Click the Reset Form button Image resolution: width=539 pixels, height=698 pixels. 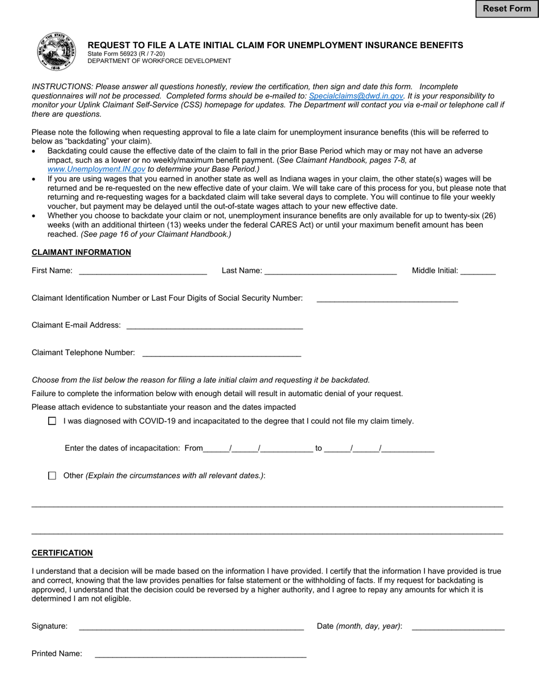tap(507, 9)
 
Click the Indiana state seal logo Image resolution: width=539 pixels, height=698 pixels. tap(56, 52)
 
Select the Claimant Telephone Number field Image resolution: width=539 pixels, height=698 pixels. tap(221, 352)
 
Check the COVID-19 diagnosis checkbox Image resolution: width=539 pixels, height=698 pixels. tap(52, 421)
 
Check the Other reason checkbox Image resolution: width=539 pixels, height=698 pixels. tap(52, 476)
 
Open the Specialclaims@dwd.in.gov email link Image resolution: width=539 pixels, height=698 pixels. tap(356, 96)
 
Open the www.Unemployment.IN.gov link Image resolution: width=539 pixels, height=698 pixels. tap(96, 169)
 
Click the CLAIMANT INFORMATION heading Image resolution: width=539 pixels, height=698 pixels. tap(81, 253)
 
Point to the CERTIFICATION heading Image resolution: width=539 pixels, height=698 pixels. tap(62, 553)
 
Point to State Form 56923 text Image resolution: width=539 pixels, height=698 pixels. tap(126, 54)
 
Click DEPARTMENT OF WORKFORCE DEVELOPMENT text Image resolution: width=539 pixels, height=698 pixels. tap(159, 61)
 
